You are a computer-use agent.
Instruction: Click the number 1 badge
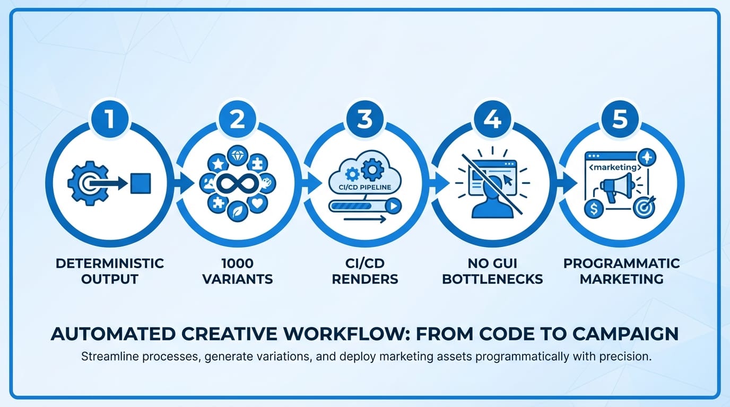[x=110, y=119]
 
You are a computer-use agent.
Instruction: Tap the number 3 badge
[x=365, y=119]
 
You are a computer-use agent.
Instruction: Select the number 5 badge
[x=620, y=119]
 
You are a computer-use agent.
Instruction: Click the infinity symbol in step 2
[x=238, y=183]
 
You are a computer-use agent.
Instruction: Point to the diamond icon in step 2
[x=238, y=156]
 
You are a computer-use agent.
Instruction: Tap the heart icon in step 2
[x=257, y=203]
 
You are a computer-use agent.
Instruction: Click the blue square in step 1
[x=141, y=183]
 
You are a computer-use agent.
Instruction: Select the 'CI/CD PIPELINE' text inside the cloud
[x=364, y=187]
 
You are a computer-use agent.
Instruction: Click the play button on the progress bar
[x=393, y=206]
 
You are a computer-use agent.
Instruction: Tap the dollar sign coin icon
[x=594, y=209]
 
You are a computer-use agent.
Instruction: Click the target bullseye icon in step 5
[x=644, y=208]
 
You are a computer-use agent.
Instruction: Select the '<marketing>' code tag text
[x=615, y=167]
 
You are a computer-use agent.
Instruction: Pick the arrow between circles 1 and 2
[x=184, y=183]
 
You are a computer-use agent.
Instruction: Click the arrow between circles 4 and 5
[x=567, y=183]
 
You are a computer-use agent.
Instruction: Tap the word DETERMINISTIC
[x=110, y=263]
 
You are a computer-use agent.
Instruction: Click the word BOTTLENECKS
[x=492, y=279]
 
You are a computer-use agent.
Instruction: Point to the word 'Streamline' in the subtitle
[x=108, y=357]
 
